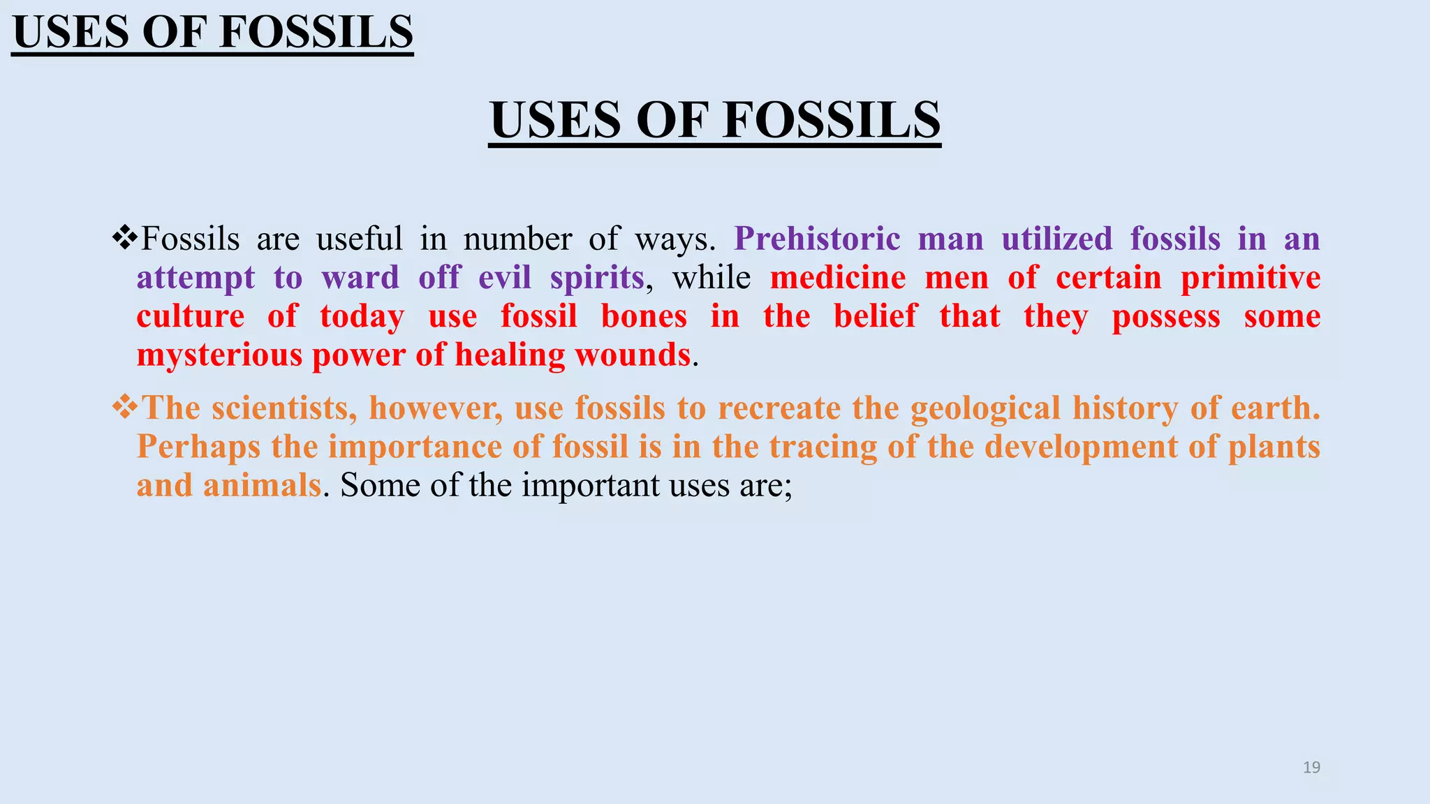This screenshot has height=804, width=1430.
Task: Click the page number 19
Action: click(1311, 768)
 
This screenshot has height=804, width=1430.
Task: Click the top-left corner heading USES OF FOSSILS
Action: click(213, 32)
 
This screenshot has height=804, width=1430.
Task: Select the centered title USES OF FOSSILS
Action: click(715, 120)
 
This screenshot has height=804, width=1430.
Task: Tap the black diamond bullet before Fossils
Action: click(125, 239)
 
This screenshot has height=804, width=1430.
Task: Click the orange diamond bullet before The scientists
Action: click(125, 408)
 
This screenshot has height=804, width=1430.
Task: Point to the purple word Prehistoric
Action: click(817, 239)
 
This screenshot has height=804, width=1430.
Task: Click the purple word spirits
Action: click(596, 278)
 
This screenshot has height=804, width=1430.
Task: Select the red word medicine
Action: click(838, 278)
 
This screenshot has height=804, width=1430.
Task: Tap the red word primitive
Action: click(1250, 278)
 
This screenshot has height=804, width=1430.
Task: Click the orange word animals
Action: click(262, 485)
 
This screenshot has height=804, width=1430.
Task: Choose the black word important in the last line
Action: click(590, 485)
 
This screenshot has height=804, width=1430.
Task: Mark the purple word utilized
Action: click(1056, 239)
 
